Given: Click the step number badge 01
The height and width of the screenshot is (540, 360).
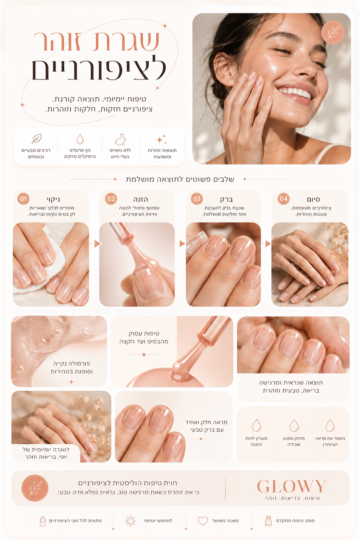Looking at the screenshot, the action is pos(24,199).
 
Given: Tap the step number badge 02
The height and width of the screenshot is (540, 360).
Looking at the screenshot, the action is pos(111,199).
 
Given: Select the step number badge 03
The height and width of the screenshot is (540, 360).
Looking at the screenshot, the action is pos(197,199).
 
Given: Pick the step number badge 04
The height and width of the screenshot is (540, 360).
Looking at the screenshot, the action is pos(284,199).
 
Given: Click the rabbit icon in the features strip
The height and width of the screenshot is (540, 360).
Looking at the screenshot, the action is pos(120,139).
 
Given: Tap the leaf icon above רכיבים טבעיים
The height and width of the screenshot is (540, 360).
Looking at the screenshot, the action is pos(37,139).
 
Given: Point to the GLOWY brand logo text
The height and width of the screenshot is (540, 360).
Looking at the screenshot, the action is pos(291,486).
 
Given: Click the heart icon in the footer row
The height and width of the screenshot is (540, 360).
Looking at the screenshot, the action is pos(202,521).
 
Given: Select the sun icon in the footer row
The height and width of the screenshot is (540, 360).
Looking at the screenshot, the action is pos(130,521).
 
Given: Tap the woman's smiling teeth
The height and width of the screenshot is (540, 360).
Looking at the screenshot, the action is pos(295,92).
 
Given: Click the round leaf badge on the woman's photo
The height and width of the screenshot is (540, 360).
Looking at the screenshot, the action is pos(333,33).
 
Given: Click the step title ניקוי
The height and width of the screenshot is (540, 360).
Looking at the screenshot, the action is pos(53,199).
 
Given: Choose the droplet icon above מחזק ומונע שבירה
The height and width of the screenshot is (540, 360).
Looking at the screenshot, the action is pos(294,425).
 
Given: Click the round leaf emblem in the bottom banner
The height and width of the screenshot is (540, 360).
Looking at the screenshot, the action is pos(35,488).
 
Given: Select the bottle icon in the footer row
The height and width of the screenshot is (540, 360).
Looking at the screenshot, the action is pos(268,521).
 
